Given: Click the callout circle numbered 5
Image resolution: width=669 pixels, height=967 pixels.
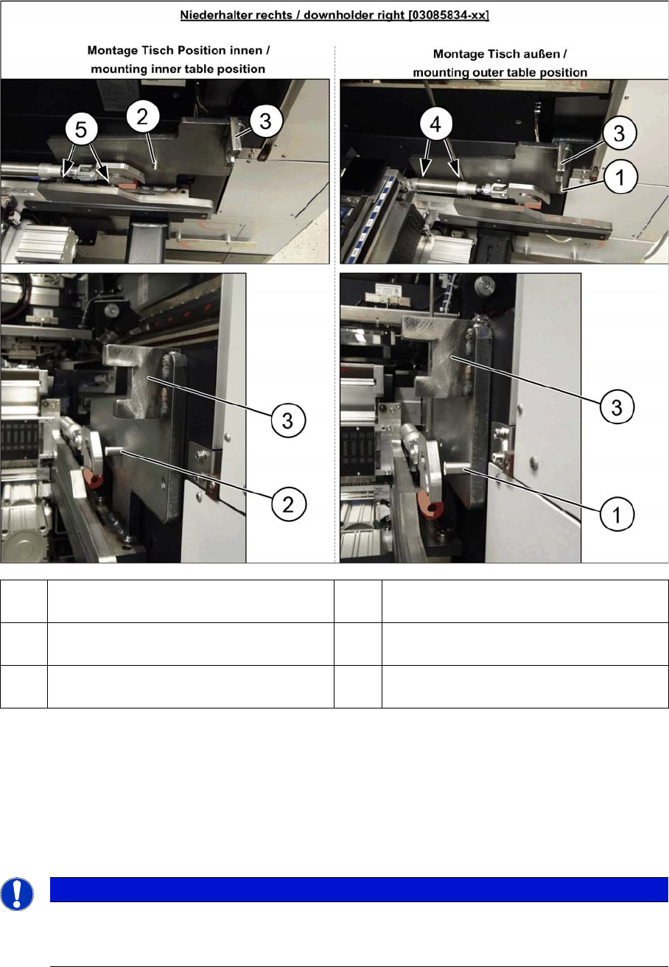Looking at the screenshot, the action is tap(81, 129).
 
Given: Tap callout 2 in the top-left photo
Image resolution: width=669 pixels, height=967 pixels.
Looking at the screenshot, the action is tap(143, 116).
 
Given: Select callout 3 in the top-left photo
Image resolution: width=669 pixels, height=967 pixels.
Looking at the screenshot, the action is tap(266, 121).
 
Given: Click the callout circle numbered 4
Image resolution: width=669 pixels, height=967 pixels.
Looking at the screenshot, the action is tap(436, 124).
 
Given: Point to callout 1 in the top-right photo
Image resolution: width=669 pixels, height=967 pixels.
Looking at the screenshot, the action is tap(620, 177).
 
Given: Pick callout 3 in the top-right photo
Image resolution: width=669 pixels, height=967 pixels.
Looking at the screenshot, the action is tap(620, 133).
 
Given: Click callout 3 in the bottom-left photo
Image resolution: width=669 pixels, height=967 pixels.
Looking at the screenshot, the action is tap(288, 421).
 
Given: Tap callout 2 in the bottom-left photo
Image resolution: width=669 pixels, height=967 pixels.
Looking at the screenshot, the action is tap(289, 504).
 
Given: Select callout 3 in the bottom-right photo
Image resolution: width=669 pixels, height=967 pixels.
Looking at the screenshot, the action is tap(617, 407).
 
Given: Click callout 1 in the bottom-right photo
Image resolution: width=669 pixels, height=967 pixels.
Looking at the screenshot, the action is tap(617, 514).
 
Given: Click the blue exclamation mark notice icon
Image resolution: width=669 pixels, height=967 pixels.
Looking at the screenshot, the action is tap(17, 894).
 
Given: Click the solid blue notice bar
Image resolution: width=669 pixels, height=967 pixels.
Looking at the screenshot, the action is tap(359, 889).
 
